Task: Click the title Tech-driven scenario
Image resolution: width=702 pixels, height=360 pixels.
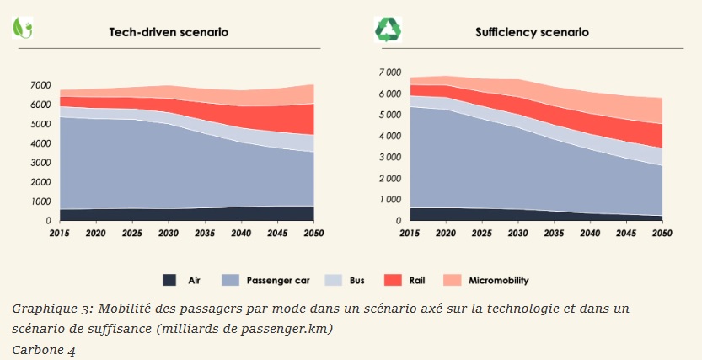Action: (x=169, y=32)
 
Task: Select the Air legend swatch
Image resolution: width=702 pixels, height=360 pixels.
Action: (x=169, y=279)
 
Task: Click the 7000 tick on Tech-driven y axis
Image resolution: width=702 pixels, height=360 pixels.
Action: (x=40, y=86)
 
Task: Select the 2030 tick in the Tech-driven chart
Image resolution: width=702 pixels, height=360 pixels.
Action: (x=169, y=233)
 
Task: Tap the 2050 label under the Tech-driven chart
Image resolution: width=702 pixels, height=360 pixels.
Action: (x=313, y=233)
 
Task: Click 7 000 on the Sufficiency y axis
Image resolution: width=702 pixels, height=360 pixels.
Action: (x=391, y=73)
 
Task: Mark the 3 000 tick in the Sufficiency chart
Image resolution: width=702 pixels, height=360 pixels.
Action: (x=391, y=158)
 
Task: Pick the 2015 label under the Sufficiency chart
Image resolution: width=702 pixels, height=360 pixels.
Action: (x=410, y=233)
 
